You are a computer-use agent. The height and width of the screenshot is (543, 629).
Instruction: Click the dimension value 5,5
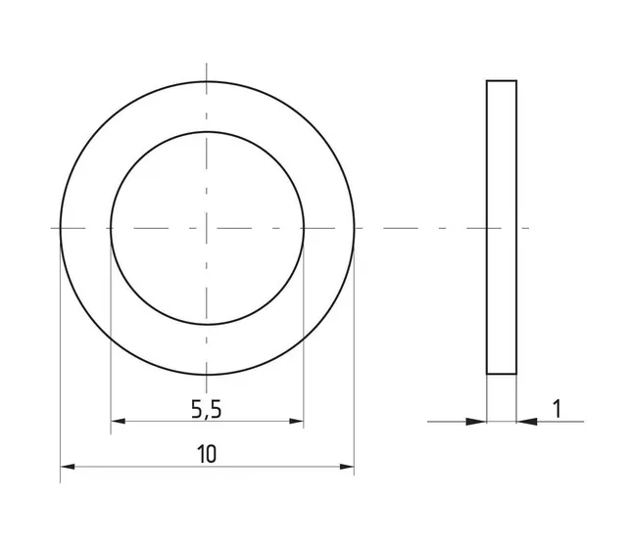pos(206,410)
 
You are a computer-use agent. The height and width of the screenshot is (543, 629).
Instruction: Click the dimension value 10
pos(207,455)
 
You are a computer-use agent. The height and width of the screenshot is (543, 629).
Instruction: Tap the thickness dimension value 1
pos(556,409)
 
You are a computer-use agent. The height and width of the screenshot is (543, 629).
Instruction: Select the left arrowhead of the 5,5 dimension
pos(118,422)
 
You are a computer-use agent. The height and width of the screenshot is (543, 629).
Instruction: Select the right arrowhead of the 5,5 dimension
pos(296,422)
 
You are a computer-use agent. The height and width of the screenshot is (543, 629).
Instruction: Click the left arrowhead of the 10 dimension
pos(68,467)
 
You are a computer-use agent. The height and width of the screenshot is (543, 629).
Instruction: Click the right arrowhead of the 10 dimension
pos(347,467)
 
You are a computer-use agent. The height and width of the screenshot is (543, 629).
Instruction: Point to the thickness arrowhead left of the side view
pos(476,422)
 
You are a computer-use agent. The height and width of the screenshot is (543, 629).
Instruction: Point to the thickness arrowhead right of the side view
pos(527,422)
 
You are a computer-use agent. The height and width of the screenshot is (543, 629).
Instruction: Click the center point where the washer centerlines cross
pos(207,228)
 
